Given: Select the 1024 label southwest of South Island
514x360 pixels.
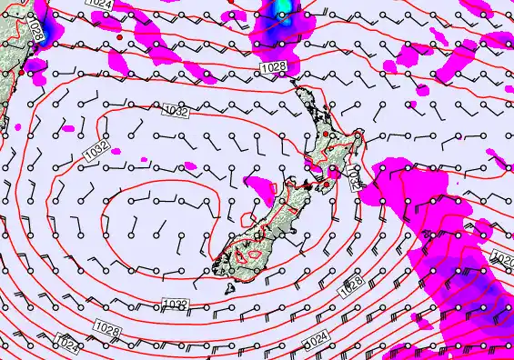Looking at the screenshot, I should pyautogui.click(x=66, y=343).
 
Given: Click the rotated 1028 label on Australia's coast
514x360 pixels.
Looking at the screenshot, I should pyautogui.click(x=37, y=28).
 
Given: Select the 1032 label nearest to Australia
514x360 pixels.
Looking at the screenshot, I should pyautogui.click(x=100, y=146).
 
